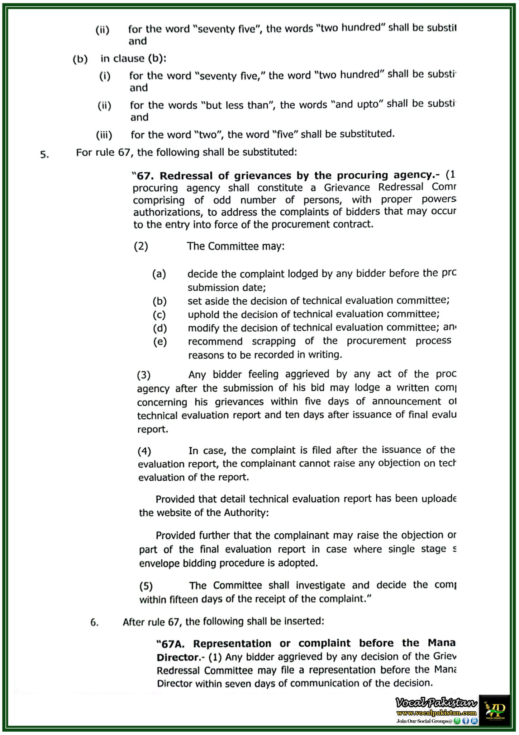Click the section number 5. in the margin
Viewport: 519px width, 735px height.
pyautogui.click(x=44, y=155)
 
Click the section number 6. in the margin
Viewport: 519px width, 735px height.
pyautogui.click(x=94, y=622)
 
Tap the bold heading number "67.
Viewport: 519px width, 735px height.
pyautogui.click(x=143, y=176)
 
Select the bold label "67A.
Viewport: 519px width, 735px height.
pyautogui.click(x=171, y=644)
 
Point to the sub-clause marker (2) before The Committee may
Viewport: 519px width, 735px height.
pyautogui.click(x=141, y=246)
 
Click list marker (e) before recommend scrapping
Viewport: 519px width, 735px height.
pyautogui.click(x=160, y=342)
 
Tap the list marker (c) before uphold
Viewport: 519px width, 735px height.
pyautogui.click(x=159, y=315)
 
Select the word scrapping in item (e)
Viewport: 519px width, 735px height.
pyautogui.click(x=273, y=341)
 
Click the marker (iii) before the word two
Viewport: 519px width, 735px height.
pyautogui.click(x=104, y=135)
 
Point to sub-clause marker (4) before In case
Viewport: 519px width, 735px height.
pyautogui.click(x=144, y=451)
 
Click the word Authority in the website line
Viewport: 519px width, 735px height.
pyautogui.click(x=245, y=512)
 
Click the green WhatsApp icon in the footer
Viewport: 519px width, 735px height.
pyautogui.click(x=457, y=721)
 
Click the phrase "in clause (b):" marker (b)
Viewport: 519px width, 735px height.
pyautogui.click(x=80, y=59)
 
